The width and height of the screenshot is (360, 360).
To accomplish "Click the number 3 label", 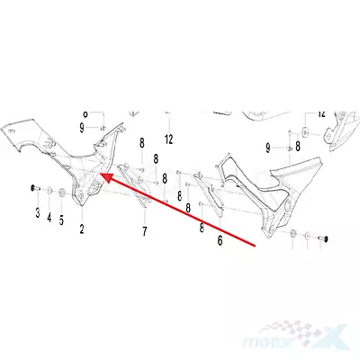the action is point(38,212).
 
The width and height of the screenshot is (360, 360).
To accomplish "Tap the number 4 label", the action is point(49,217).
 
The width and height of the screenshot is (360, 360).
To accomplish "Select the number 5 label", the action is point(61,220).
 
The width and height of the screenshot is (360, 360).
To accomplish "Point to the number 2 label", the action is point(82,229).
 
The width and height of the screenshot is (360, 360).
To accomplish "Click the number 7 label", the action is point(145,231).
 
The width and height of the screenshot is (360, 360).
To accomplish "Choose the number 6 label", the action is point(220,240).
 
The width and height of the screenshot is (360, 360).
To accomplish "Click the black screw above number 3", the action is point(35,189).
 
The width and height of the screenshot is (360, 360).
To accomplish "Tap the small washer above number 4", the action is point(49,190).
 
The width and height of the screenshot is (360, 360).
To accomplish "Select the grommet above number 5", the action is point(62,193).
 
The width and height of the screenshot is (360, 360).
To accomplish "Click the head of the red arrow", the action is point(103,176).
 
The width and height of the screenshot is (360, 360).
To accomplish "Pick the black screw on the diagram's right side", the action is point(322,238).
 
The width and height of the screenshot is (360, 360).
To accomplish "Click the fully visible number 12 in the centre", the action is point(169,139).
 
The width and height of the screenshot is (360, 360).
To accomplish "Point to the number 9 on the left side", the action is point(82,129).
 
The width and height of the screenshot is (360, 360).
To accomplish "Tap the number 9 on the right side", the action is point(268,148).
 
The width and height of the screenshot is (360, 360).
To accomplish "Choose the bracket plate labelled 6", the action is point(210,194).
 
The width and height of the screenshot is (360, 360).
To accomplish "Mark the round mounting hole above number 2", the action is point(80,195).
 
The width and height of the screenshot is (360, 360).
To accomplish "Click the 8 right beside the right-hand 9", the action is point(298,147).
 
